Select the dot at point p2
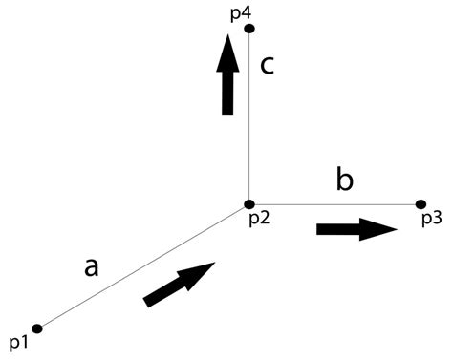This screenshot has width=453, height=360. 249,204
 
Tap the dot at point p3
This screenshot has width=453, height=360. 421,204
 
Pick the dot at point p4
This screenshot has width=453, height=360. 249,30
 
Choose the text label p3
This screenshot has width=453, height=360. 430,220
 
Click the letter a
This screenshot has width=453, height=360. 92,268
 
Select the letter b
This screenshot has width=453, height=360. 345,179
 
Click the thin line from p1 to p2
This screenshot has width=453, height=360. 143,266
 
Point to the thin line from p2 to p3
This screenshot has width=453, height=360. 334,204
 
